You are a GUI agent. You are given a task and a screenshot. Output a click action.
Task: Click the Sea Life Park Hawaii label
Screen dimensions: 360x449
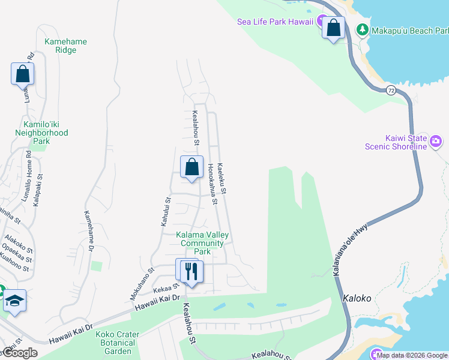276,22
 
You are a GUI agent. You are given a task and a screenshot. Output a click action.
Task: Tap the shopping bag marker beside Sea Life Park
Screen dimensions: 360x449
333,27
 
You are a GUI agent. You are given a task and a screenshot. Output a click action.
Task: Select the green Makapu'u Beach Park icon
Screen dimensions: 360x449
362,29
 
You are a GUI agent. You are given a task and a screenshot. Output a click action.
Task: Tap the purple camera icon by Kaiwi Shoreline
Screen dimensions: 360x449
436,142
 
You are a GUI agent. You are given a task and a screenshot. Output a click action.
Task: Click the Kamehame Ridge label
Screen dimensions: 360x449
65,46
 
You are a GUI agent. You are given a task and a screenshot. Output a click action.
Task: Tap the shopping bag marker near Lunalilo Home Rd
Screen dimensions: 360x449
22,74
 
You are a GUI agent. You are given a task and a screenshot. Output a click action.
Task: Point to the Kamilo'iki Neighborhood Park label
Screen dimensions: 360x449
41,133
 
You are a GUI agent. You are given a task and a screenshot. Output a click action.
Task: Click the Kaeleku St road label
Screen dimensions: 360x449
221,178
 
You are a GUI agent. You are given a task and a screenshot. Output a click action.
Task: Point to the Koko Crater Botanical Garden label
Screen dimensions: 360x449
118,343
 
